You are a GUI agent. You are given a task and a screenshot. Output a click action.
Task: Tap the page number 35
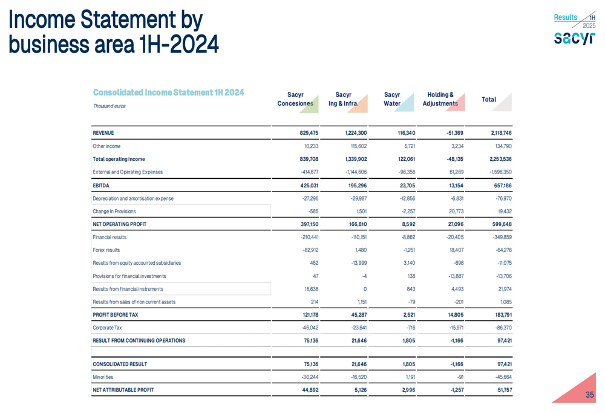589,395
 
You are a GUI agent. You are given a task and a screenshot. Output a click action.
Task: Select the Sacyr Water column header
392,99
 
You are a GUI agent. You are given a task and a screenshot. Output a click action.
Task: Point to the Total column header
489,99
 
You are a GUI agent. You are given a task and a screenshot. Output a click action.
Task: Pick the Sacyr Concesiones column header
295,99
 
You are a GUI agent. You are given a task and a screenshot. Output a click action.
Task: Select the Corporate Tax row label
107,328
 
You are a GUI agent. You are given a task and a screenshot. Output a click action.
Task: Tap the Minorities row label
104,377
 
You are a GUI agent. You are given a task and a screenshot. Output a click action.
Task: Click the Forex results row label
106,250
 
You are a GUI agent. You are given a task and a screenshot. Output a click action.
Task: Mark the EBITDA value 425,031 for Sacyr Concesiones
306,186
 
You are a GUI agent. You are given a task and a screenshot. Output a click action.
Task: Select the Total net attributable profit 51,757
500,390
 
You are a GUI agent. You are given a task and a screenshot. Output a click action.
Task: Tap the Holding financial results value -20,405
450,237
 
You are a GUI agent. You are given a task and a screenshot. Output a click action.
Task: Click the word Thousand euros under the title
109,106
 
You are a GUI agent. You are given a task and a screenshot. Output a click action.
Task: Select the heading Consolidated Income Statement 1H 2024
168,92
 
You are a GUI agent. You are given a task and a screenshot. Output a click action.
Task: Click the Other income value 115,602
356,146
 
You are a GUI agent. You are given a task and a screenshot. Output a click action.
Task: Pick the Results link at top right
565,18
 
